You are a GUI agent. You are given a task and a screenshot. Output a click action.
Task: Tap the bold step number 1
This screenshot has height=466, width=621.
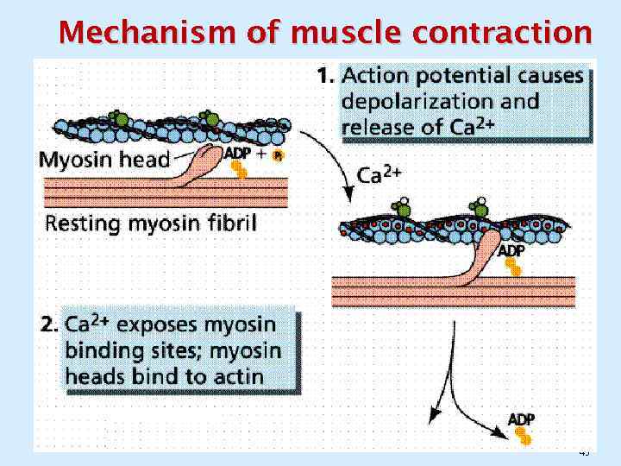pos(325,77)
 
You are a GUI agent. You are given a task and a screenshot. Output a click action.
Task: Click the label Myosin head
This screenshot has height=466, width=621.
pos(104,158)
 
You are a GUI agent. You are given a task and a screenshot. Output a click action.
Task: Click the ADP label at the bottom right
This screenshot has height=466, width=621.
pos(521,419)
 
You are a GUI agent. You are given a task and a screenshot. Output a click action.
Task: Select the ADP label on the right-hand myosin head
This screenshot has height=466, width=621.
pos(511,251)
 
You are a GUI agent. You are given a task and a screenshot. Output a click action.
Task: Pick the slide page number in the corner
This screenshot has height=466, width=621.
pos(584,451)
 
